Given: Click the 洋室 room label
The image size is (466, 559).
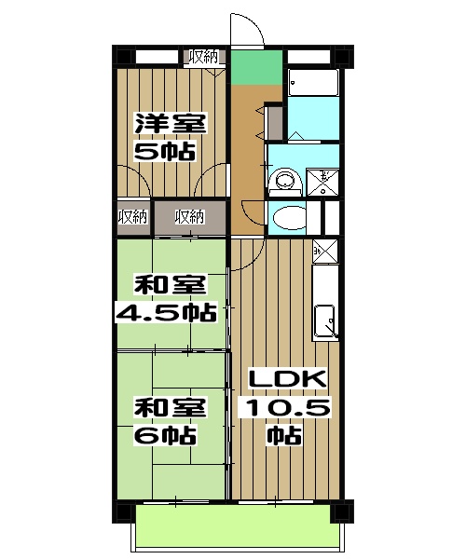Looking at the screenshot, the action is coord(171,123).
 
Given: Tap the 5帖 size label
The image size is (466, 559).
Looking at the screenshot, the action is coord(165,151).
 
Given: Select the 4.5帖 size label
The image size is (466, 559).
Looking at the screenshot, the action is coord(166,313).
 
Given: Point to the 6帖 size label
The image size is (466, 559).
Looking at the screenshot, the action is coord(165,434).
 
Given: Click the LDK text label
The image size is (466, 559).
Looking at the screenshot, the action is coord(287,378).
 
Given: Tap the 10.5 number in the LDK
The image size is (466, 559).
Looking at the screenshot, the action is coord(288,407).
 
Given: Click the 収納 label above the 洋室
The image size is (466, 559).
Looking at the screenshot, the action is coord(203,57).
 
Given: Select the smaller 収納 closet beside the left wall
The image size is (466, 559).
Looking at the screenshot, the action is coord(133,217).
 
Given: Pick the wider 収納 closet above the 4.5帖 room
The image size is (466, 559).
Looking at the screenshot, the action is coord(190,217).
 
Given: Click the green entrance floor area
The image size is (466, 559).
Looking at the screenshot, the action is coord(256,68).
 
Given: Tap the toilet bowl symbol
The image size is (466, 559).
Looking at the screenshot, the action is coord(289,217).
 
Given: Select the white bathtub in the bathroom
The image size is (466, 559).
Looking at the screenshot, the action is coord(313,82).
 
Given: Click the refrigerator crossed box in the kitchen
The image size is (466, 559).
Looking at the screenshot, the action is coord(325,251).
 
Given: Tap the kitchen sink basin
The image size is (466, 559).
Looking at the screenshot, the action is coord(325,320).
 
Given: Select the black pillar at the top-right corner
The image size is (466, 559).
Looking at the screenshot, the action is coord(343,56).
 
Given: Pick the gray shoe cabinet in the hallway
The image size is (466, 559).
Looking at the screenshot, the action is coord(276,123).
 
